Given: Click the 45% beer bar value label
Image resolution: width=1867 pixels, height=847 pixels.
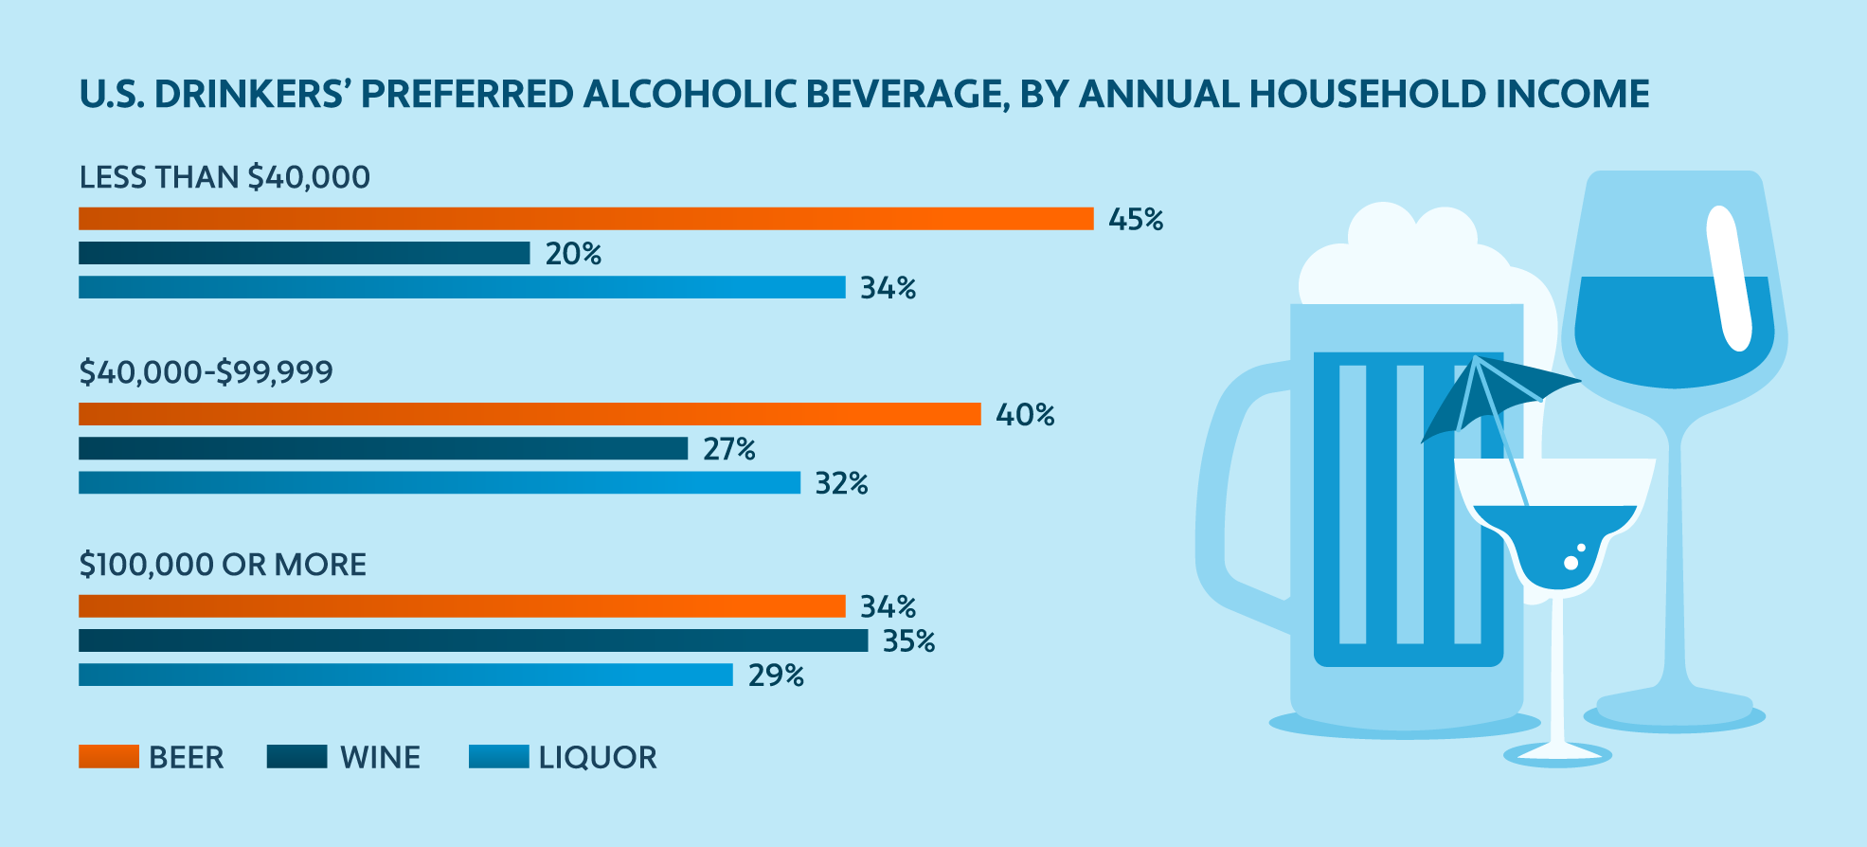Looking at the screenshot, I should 1135,220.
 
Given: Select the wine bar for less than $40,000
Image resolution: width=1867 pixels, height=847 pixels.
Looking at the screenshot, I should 304,253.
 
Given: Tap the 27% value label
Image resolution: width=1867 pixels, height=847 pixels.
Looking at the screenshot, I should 728,449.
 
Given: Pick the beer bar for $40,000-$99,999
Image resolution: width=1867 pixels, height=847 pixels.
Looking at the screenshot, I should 530,414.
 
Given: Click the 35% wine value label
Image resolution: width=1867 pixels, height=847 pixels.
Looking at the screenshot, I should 908,641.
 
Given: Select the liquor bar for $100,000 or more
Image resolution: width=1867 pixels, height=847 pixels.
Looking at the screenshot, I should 405,675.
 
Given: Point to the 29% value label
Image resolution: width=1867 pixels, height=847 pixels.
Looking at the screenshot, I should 776,676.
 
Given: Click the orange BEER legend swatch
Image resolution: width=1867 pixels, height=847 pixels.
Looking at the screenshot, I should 108,756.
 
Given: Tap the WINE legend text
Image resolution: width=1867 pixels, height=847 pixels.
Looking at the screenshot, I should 380,758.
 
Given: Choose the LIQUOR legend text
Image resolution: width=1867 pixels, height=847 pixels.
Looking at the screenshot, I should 598,758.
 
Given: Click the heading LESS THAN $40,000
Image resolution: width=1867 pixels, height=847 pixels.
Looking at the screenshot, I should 224,177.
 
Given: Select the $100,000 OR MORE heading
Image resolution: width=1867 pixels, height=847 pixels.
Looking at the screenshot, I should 223,565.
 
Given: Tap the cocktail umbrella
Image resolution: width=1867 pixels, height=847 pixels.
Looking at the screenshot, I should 1497,393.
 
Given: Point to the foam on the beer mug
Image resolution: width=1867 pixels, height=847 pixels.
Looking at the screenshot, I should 1402,256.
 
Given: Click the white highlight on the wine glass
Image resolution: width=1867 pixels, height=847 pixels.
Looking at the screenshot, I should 1729,279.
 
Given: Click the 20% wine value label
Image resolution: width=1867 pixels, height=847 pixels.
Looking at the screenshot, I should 573,254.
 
